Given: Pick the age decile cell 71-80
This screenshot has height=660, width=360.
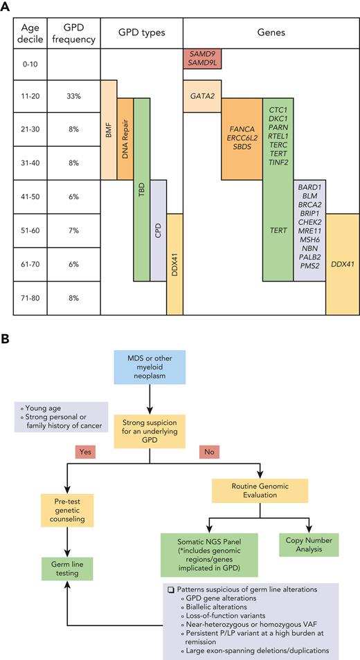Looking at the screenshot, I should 29,297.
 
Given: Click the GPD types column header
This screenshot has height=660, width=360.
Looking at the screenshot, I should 141,33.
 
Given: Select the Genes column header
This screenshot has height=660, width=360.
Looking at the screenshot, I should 271,33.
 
